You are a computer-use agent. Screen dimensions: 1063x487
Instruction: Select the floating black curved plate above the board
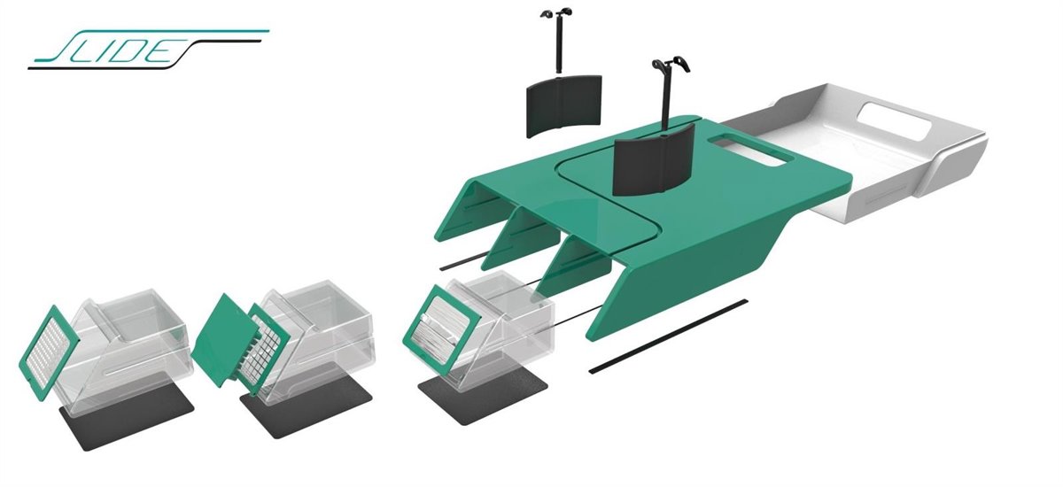(x=563, y=105)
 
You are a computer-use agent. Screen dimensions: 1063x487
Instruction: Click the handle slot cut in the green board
(x=750, y=151)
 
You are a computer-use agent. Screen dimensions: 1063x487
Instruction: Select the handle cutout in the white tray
(x=893, y=120)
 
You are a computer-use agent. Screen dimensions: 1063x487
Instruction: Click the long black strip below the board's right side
(x=668, y=336)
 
